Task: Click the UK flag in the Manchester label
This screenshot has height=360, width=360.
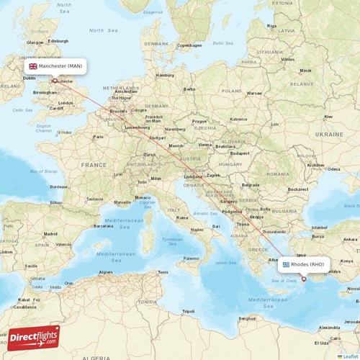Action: point(32,66)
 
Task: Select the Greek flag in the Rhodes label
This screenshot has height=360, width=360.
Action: point(286,264)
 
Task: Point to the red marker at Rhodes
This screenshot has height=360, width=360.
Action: point(304,279)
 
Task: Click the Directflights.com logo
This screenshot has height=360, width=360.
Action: point(34,337)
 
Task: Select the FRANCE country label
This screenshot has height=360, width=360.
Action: point(93,165)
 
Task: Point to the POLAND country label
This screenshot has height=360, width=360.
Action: point(231,91)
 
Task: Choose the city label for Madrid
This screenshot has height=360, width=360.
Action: point(50,234)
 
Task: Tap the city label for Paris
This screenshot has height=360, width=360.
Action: point(99,136)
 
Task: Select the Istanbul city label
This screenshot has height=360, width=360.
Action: point(319,227)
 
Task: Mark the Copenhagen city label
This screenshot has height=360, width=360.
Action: point(189,45)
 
